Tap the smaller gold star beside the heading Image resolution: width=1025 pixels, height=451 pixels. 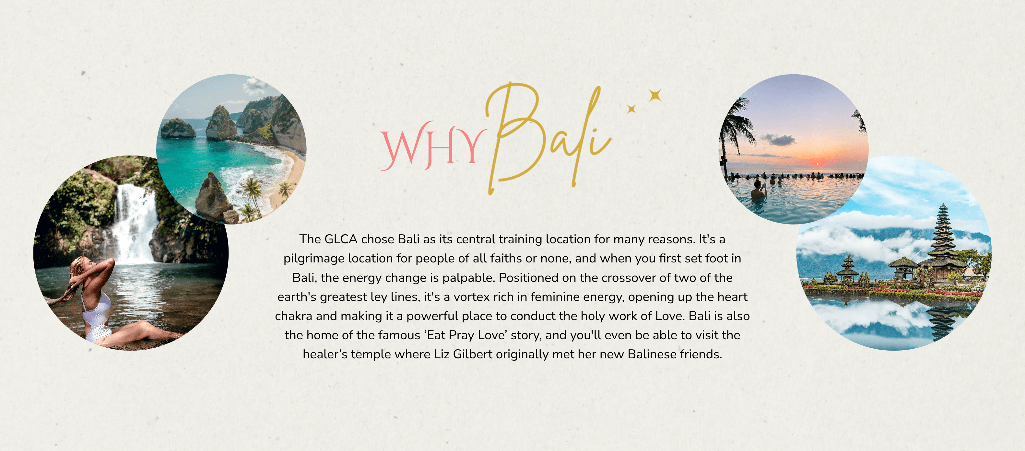631,109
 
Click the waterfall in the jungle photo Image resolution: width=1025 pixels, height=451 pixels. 135,223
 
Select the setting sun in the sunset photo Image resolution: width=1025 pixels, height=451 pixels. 817,164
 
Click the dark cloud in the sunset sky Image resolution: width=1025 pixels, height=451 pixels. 778,139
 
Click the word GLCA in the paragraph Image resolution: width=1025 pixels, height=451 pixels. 341,239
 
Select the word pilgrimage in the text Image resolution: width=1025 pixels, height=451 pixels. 314,259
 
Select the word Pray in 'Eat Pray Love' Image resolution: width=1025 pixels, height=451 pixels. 462,336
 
